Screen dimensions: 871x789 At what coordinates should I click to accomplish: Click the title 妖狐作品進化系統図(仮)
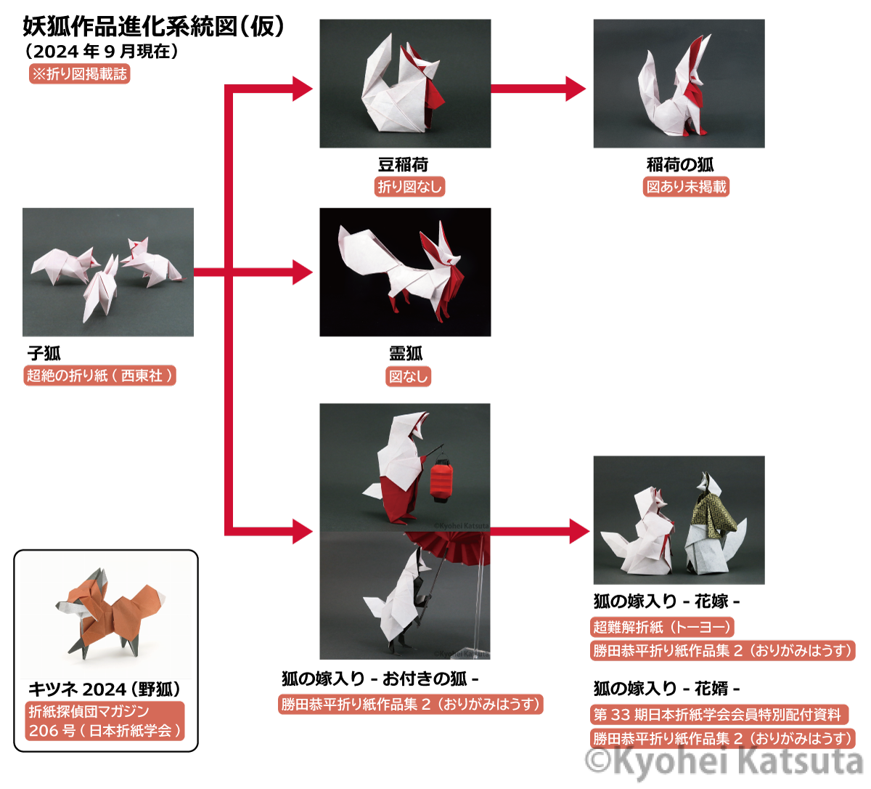[154, 27]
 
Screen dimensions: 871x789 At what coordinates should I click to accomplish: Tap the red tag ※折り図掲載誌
[79, 74]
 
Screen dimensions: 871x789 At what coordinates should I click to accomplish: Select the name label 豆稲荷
[403, 165]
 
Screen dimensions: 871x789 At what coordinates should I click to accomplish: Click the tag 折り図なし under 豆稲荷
[409, 187]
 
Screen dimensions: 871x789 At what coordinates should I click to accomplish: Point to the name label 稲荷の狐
[680, 165]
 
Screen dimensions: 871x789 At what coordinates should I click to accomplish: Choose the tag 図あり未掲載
[686, 187]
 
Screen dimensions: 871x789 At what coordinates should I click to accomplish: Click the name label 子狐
[44, 353]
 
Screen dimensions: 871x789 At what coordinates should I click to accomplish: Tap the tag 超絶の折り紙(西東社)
[100, 376]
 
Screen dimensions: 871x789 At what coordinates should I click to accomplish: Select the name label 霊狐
[406, 353]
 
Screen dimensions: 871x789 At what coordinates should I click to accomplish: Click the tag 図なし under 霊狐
[408, 376]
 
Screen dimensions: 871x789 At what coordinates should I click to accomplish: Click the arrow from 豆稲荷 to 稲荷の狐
[539, 89]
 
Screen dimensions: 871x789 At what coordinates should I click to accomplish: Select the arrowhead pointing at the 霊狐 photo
[303, 272]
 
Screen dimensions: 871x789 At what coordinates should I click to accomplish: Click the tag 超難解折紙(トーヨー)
[662, 627]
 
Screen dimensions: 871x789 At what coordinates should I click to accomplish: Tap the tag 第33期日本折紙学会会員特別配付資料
[719, 714]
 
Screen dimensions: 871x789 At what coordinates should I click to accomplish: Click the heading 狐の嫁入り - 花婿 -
[666, 689]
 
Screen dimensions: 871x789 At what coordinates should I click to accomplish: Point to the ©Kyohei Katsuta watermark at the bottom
[724, 761]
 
